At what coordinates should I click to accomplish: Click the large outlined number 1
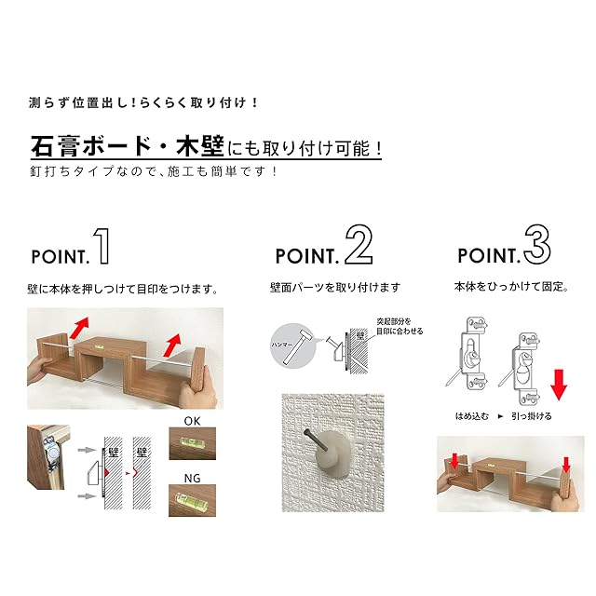coord(103,246)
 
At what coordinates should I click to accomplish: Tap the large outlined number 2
coord(359,244)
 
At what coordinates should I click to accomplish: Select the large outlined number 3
coord(537,244)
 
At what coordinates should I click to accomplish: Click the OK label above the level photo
coord(192,421)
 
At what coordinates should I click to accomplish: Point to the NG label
coord(192,478)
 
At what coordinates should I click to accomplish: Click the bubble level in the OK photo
coord(192,442)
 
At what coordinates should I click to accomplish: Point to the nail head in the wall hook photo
coord(306,432)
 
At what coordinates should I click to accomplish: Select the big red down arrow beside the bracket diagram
coord(559,385)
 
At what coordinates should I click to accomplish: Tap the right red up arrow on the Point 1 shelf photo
coord(172,345)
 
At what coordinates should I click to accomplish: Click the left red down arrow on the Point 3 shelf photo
coord(455,462)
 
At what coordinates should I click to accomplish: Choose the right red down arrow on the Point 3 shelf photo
coord(566,465)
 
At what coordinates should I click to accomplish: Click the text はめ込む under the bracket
coord(472,416)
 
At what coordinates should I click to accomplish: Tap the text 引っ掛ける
coord(532,416)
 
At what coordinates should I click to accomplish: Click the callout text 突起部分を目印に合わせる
coord(400,327)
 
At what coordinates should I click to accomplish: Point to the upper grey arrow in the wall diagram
coord(87,450)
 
